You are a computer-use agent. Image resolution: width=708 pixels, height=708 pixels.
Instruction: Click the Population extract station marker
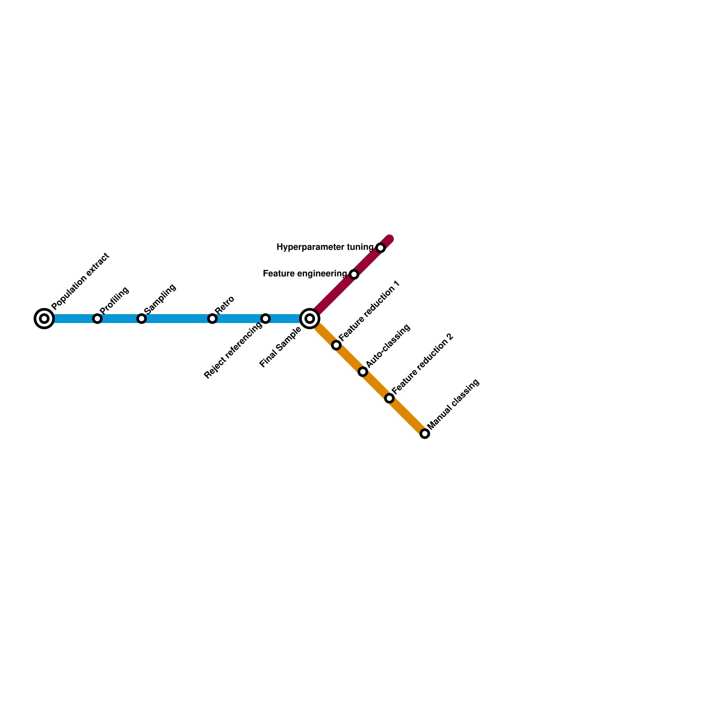[x=44, y=319]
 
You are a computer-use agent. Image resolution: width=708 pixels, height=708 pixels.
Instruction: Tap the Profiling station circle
[x=97, y=319]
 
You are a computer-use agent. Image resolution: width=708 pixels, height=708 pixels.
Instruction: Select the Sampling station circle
[x=142, y=319]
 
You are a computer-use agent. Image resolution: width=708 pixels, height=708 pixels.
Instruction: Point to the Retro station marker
[x=212, y=319]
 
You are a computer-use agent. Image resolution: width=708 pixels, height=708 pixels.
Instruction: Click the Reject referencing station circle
[x=265, y=319]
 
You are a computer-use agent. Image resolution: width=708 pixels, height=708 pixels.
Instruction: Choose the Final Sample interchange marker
[x=310, y=319]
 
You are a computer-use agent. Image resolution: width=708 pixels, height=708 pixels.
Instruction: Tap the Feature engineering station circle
[x=354, y=274]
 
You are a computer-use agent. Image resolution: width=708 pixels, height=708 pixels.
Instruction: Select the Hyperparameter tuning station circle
[x=381, y=248]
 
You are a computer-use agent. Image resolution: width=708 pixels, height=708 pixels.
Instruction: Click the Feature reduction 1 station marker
[x=336, y=345]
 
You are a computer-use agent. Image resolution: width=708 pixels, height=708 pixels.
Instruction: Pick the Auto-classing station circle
[x=363, y=372]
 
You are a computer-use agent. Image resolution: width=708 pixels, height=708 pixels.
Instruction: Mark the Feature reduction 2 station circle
[x=389, y=398]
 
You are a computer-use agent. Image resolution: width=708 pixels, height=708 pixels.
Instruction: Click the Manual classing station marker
[x=425, y=434]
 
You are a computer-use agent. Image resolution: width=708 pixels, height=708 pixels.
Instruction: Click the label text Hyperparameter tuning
[x=325, y=247]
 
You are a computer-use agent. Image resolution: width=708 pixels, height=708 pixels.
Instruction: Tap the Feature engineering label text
[x=305, y=274]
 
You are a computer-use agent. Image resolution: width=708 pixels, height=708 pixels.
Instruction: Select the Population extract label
[x=80, y=281]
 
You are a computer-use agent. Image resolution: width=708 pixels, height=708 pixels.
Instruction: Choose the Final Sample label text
[x=281, y=347]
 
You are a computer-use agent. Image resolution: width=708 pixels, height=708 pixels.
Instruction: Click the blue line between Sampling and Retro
[x=177, y=319]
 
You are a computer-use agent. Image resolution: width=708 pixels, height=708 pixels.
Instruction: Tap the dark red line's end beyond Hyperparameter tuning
[x=389, y=239]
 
